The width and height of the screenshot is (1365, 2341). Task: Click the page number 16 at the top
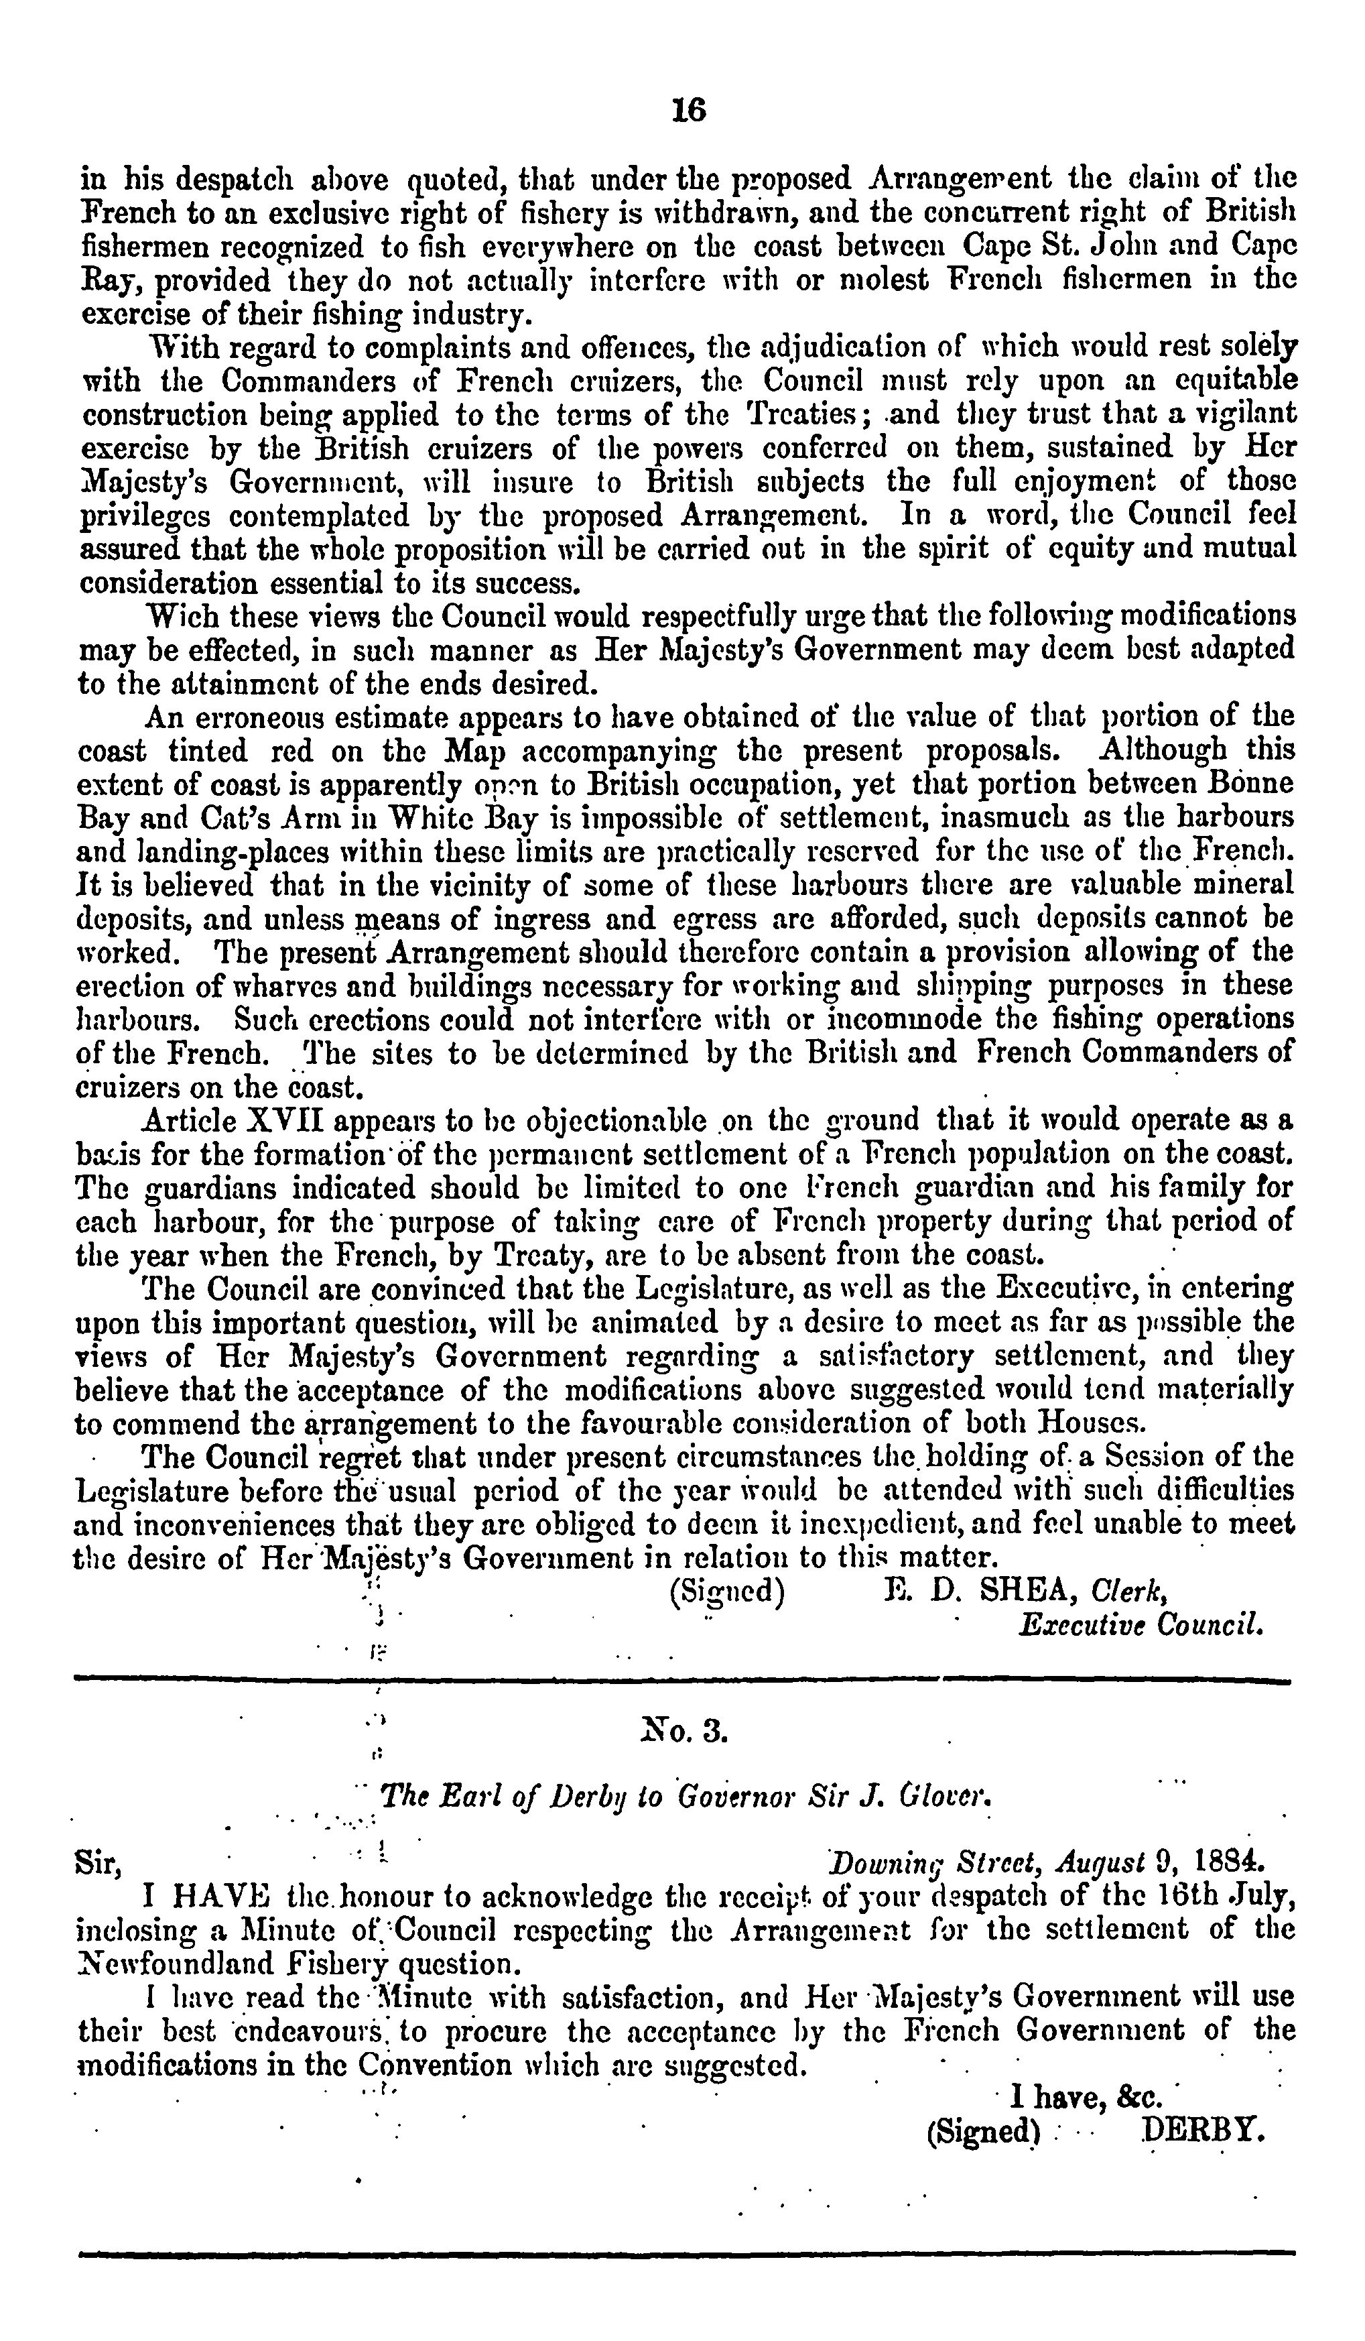[688, 111]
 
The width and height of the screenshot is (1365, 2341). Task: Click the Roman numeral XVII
[281, 1120]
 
